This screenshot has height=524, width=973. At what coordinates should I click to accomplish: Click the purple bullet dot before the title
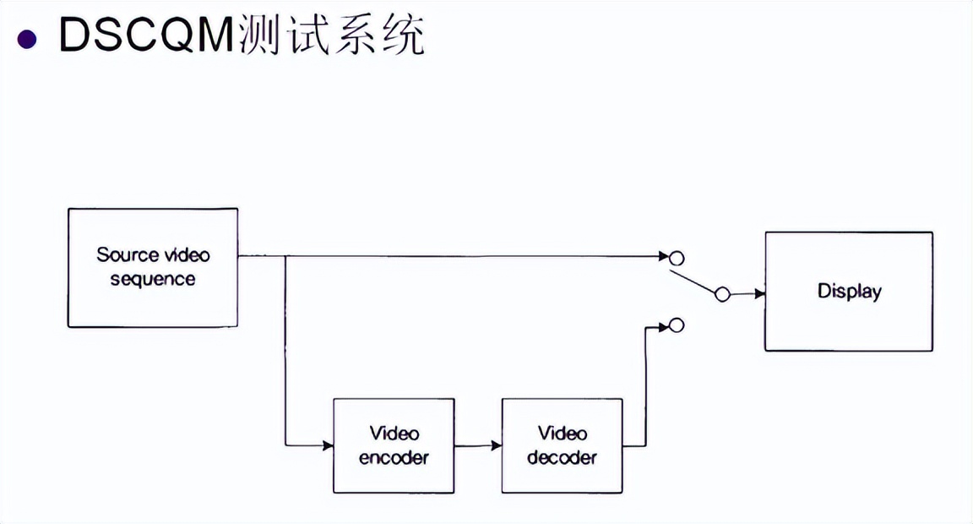click(x=28, y=38)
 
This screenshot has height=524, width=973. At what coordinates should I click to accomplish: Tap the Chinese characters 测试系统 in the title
click(x=332, y=35)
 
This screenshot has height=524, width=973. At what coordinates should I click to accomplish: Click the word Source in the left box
click(x=128, y=254)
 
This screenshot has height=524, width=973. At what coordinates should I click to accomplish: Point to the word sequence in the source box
click(x=153, y=279)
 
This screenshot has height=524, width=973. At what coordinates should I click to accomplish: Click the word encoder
click(x=394, y=458)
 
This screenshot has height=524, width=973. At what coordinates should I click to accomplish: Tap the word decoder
click(x=562, y=458)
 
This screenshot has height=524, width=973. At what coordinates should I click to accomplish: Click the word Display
click(x=849, y=292)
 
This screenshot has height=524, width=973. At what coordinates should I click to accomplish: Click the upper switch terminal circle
click(x=676, y=257)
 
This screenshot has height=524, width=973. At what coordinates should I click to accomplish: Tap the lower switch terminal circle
click(x=676, y=325)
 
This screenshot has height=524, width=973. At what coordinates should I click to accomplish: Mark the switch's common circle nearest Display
click(x=721, y=294)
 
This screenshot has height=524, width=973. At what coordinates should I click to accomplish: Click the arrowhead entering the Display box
click(x=760, y=294)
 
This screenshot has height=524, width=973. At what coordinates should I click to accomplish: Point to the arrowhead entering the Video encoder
click(x=328, y=445)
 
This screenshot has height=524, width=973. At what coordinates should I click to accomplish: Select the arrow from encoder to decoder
click(x=478, y=445)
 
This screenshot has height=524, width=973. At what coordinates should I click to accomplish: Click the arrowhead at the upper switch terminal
click(x=664, y=255)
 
